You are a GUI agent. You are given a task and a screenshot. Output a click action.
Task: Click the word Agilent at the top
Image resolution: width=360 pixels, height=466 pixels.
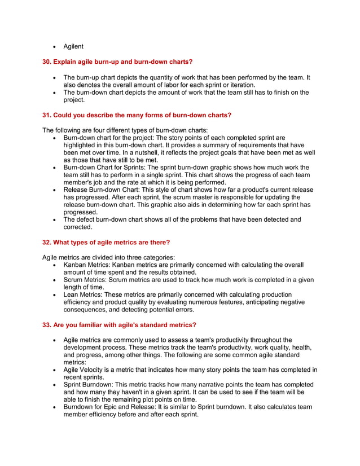[73, 46]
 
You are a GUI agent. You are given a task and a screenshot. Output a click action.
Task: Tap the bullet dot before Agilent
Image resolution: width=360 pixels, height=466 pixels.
[54, 47]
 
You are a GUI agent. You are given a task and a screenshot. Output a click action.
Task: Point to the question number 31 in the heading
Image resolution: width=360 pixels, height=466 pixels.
[47, 115]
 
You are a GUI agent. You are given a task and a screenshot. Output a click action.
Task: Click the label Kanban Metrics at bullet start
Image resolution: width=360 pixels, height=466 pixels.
[86, 265]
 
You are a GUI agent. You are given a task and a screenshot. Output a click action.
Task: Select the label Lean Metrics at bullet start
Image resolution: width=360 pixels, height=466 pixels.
[83, 294]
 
